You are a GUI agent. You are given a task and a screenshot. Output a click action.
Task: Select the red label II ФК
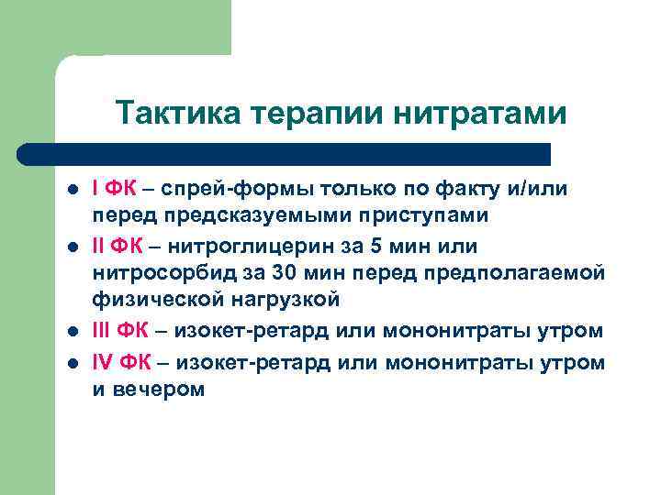click(116, 247)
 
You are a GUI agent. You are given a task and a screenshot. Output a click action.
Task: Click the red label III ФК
click(119, 330)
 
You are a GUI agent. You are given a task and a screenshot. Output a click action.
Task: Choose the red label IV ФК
click(119, 362)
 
